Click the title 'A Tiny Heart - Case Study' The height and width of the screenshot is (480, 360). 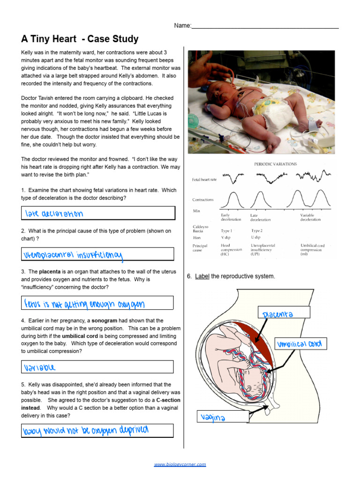tap(80, 39)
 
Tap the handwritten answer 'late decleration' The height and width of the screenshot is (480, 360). tap(54, 214)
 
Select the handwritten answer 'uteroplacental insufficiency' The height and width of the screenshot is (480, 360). tap(74, 255)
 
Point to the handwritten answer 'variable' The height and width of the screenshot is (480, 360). tap(40, 367)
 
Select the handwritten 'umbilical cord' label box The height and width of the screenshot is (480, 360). tap(300, 345)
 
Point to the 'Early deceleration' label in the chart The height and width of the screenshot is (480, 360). tap(231, 217)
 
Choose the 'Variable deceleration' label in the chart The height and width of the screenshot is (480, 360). tap(310, 217)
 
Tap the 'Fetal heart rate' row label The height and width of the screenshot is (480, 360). tap(204, 180)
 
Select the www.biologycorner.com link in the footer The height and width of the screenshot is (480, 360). tap(180, 465)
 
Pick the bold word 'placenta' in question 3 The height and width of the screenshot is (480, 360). tap(50, 271)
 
